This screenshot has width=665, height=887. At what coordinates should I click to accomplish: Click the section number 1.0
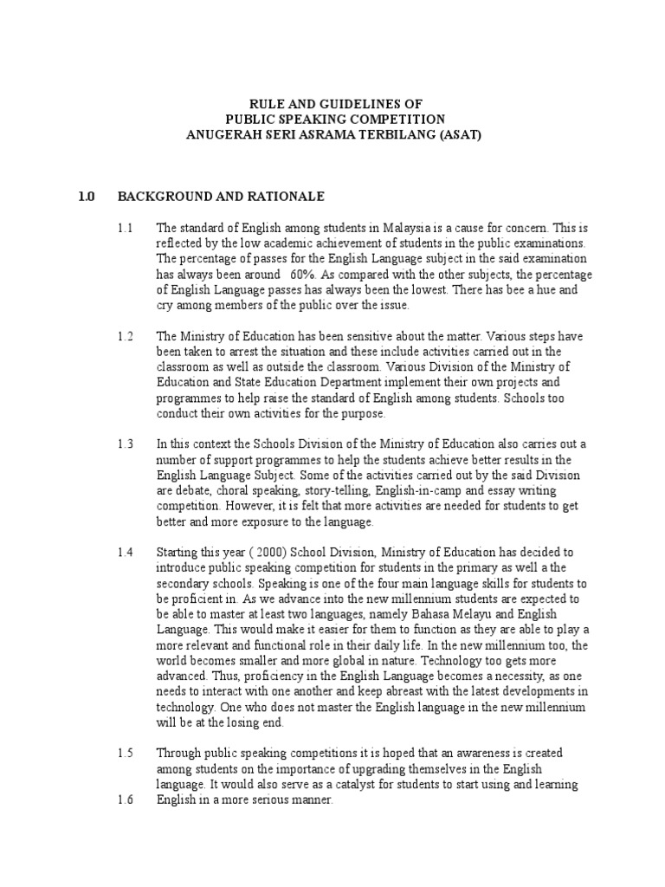tap(85, 197)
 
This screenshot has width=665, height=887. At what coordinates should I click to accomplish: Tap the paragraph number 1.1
tap(125, 228)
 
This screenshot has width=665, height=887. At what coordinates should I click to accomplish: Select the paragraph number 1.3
tap(125, 444)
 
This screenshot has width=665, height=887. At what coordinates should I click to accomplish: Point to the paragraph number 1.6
tap(125, 801)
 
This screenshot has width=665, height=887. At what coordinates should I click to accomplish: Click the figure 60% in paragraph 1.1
tap(266, 275)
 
